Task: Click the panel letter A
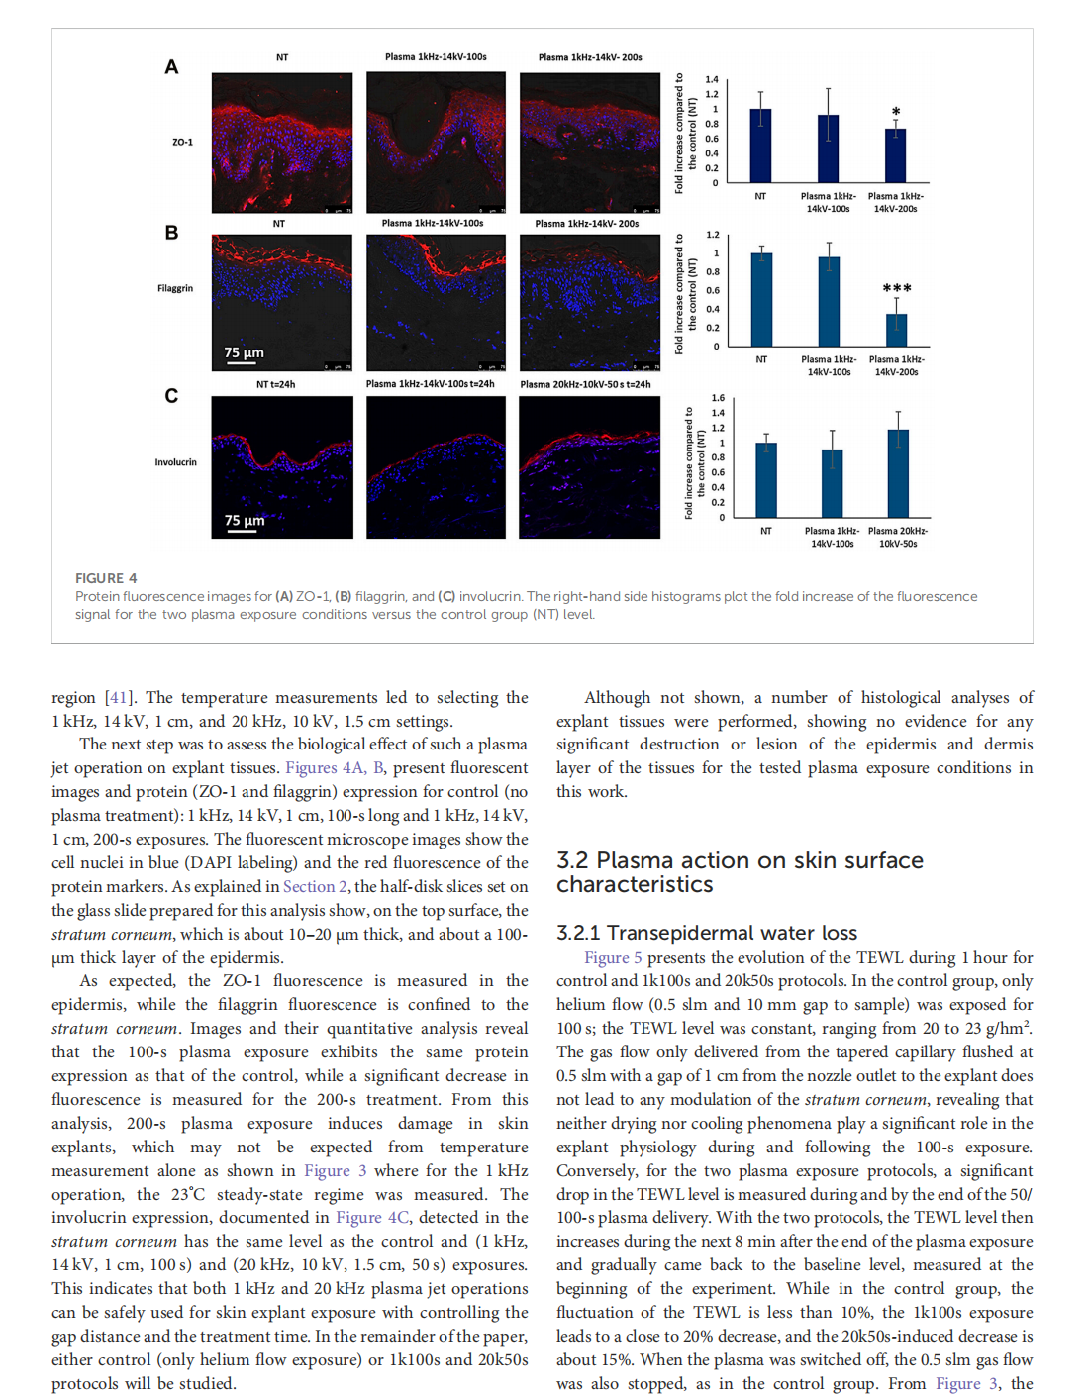coord(171,67)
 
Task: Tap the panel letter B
coord(171,233)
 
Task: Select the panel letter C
coord(171,396)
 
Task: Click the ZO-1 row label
coord(182,143)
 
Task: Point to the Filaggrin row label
coord(175,289)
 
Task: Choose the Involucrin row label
coord(175,462)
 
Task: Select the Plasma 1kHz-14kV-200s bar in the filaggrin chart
coord(896,330)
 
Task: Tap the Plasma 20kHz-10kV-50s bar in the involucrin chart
coord(898,473)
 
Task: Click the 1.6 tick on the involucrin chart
coord(718,398)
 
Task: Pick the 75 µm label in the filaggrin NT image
coord(244,352)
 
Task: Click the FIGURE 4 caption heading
coord(106,578)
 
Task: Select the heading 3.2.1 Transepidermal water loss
coord(707,933)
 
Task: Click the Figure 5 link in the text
coord(613,958)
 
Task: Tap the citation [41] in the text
coord(119,698)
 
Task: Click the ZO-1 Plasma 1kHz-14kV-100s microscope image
coord(436,143)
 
